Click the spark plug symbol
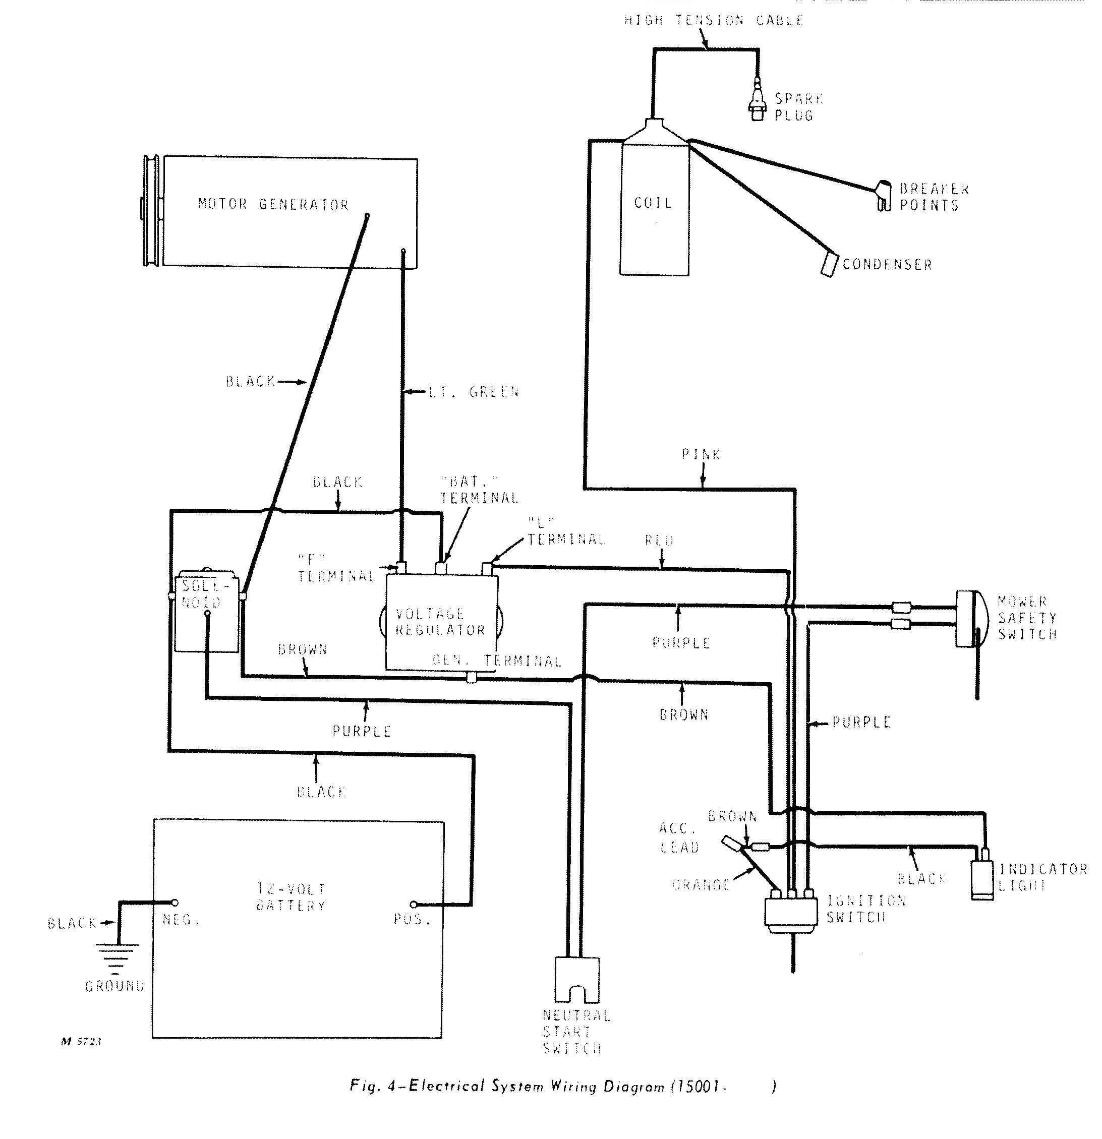(x=757, y=102)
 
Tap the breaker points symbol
(x=884, y=197)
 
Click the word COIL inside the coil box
(x=653, y=203)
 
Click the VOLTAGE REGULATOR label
(x=440, y=622)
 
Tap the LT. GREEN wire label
(x=474, y=392)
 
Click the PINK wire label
(x=701, y=454)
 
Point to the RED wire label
(x=659, y=541)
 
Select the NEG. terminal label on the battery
(x=181, y=920)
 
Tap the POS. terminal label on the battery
(x=412, y=920)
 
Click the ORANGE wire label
(x=701, y=885)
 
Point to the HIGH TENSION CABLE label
(x=714, y=21)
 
